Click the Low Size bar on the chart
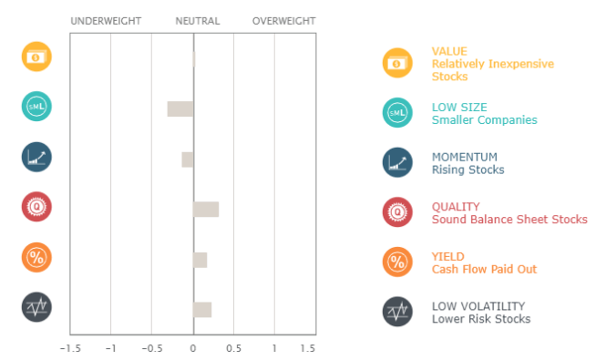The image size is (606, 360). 180,108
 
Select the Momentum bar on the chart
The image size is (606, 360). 187,159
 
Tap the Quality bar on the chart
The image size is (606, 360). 206,210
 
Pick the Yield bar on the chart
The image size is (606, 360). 200,260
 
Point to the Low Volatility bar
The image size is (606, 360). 202,310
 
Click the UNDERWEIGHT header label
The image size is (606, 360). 106,21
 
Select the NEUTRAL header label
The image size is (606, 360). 197,21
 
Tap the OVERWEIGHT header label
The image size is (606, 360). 283,21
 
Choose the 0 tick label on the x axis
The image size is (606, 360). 193,347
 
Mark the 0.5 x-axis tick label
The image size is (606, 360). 234,347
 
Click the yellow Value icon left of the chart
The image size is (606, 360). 36,57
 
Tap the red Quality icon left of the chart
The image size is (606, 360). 36,208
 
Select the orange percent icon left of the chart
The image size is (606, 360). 36,258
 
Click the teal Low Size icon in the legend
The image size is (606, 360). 397,112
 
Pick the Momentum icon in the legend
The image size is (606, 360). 397,162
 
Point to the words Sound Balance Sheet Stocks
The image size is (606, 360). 509,220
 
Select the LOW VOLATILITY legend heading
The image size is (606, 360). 478,306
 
